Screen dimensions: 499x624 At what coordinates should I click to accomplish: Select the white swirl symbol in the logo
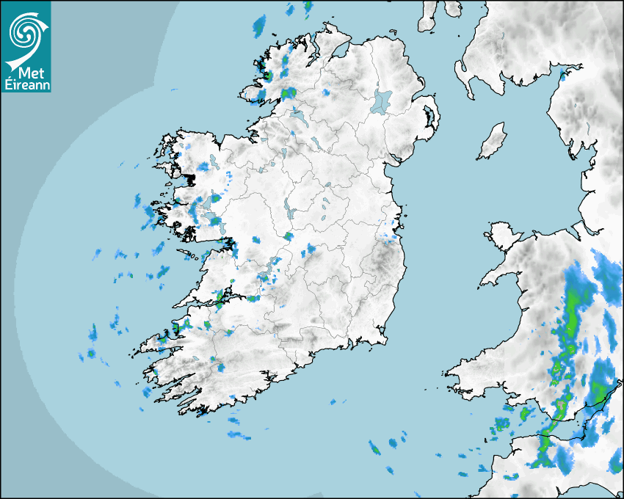point(24,33)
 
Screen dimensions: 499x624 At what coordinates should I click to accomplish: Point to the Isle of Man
point(493,141)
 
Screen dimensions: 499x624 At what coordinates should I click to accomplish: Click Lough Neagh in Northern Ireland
point(382,101)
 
